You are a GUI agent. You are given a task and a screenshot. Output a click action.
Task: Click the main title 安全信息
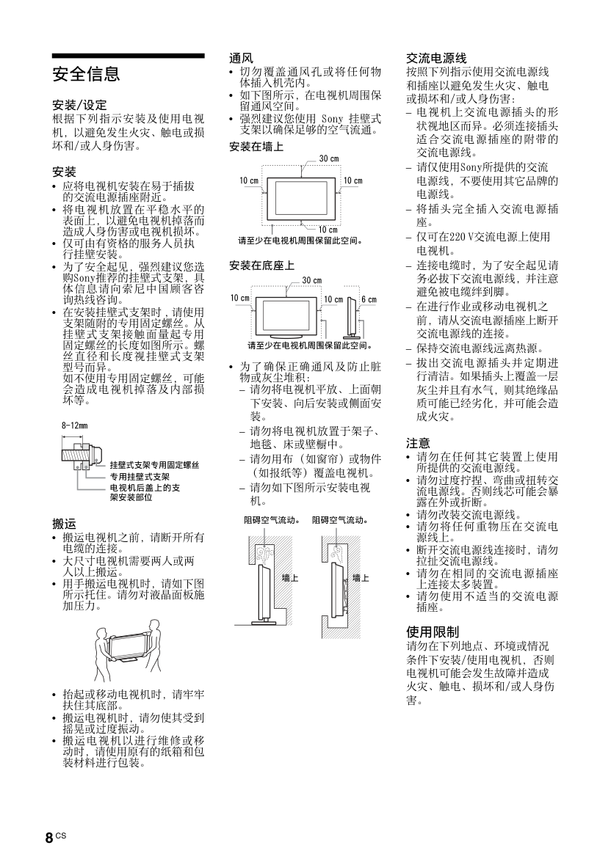coord(86,74)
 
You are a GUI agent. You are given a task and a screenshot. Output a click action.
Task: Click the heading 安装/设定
coord(79,105)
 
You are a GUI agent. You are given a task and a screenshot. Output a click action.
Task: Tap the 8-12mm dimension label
coord(75,425)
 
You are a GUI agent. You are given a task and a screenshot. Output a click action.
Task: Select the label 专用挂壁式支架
coord(140,476)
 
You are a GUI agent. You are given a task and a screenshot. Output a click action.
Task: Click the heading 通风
coord(242,57)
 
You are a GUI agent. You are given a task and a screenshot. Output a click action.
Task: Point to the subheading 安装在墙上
coord(256,147)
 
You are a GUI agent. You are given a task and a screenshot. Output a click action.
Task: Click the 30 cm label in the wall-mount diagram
coord(329,159)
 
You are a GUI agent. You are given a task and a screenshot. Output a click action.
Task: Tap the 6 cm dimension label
coord(369,299)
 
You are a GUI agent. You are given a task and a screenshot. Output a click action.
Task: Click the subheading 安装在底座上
coord(261,265)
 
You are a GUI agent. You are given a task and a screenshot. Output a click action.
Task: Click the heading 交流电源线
coord(437,58)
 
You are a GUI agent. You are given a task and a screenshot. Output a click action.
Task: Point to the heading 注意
coord(419,443)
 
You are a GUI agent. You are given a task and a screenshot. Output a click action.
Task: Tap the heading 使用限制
coord(433,632)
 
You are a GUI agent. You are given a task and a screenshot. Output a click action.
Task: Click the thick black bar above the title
coord(128,56)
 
